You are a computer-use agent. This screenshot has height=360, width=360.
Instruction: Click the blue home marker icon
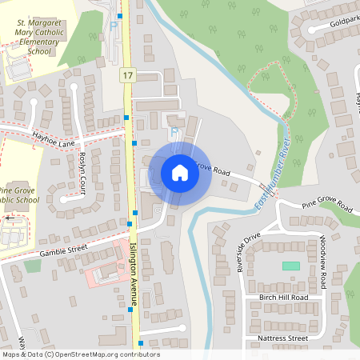click(x=180, y=173)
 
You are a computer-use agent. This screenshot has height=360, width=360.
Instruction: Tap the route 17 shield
click(x=128, y=74)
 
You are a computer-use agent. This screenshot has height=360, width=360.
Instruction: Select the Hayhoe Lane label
click(x=54, y=142)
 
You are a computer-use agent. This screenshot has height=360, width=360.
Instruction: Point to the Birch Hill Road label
click(x=282, y=297)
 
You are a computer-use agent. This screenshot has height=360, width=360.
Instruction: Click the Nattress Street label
click(x=283, y=338)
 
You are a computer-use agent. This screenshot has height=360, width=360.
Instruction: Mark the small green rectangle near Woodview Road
click(x=291, y=266)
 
